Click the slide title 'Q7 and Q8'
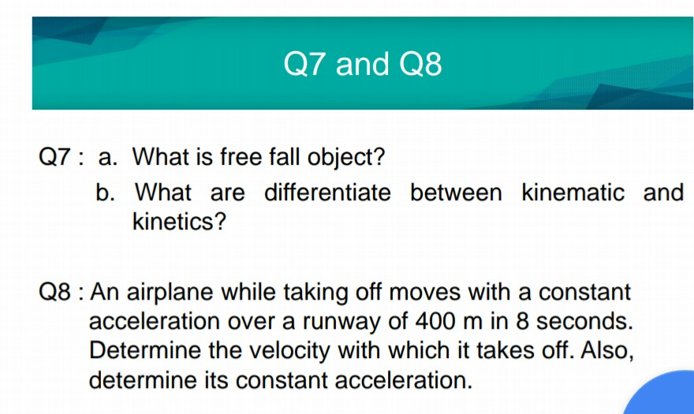363,64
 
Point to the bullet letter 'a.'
109,157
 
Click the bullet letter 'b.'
109,192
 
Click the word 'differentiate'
327,192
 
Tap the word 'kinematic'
573,192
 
